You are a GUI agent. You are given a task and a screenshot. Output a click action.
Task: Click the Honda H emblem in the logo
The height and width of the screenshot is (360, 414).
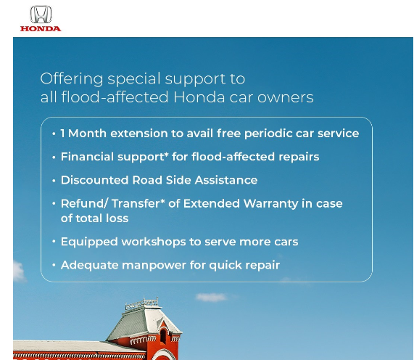(41, 15)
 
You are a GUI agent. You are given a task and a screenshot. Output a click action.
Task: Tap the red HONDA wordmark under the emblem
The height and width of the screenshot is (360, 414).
(41, 28)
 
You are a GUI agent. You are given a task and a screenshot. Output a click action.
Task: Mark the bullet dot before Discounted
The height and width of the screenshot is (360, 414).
(54, 181)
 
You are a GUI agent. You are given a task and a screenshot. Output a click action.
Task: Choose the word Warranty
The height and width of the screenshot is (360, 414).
(270, 204)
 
